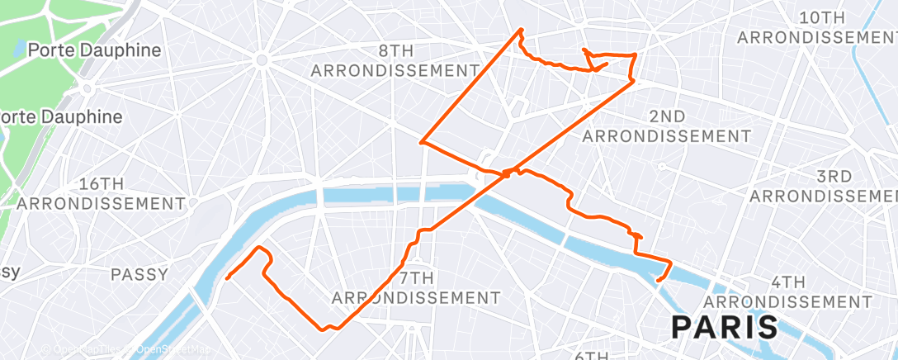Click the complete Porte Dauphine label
94,50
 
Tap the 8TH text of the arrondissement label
395,51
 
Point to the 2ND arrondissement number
666,116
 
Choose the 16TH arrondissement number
101,183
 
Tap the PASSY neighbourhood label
140,274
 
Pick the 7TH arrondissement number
416,277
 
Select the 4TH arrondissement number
789,282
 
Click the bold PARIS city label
725,327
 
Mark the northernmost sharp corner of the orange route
521,30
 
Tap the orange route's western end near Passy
226,277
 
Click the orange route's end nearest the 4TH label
657,281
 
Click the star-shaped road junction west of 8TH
261,59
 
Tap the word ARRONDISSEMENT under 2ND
667,135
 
